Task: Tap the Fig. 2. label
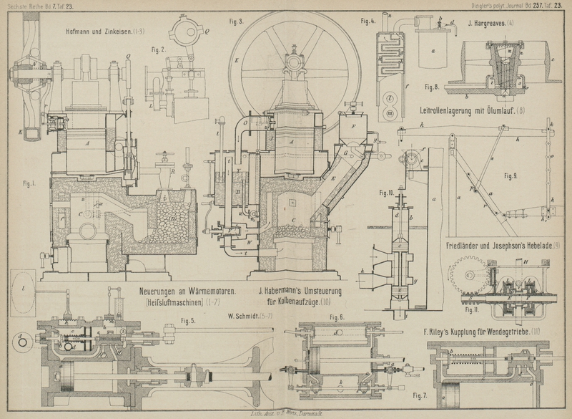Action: (x=158, y=49)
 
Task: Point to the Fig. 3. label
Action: (x=236, y=21)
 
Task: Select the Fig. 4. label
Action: (x=368, y=21)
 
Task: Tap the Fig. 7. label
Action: (x=420, y=395)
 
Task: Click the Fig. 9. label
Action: (x=511, y=175)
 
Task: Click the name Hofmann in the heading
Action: (x=81, y=31)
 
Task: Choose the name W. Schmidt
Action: (x=243, y=316)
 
